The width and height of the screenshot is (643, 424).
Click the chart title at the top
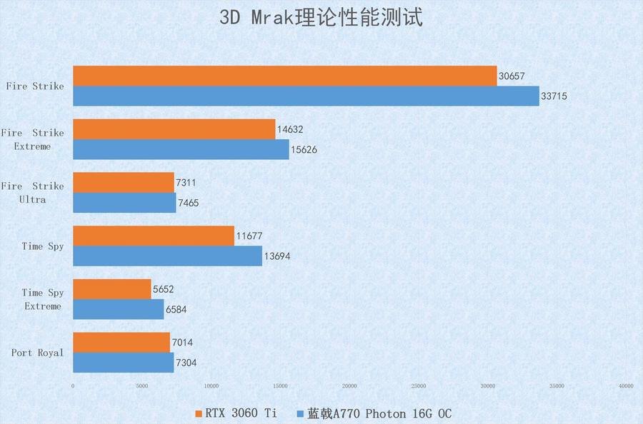pos(321,17)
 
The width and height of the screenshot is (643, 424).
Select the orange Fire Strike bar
pos(285,76)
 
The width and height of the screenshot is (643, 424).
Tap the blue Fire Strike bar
pos(306,96)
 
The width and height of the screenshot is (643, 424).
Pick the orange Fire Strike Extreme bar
pos(174,129)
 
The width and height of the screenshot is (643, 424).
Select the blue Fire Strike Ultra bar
pos(124,203)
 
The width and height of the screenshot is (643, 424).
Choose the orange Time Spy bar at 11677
pos(154,236)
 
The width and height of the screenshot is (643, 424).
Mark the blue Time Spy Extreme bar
pos(119,309)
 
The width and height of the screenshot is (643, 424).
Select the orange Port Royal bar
pos(121,342)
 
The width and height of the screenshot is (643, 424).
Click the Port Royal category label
pos(37,353)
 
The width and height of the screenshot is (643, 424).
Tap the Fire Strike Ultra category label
pos(32,193)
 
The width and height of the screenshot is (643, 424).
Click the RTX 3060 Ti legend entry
pos(235,413)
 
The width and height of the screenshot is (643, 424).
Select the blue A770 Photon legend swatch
pos(301,413)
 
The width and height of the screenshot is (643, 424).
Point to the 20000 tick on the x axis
pos(349,386)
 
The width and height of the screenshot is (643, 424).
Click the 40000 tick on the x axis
pos(626,386)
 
